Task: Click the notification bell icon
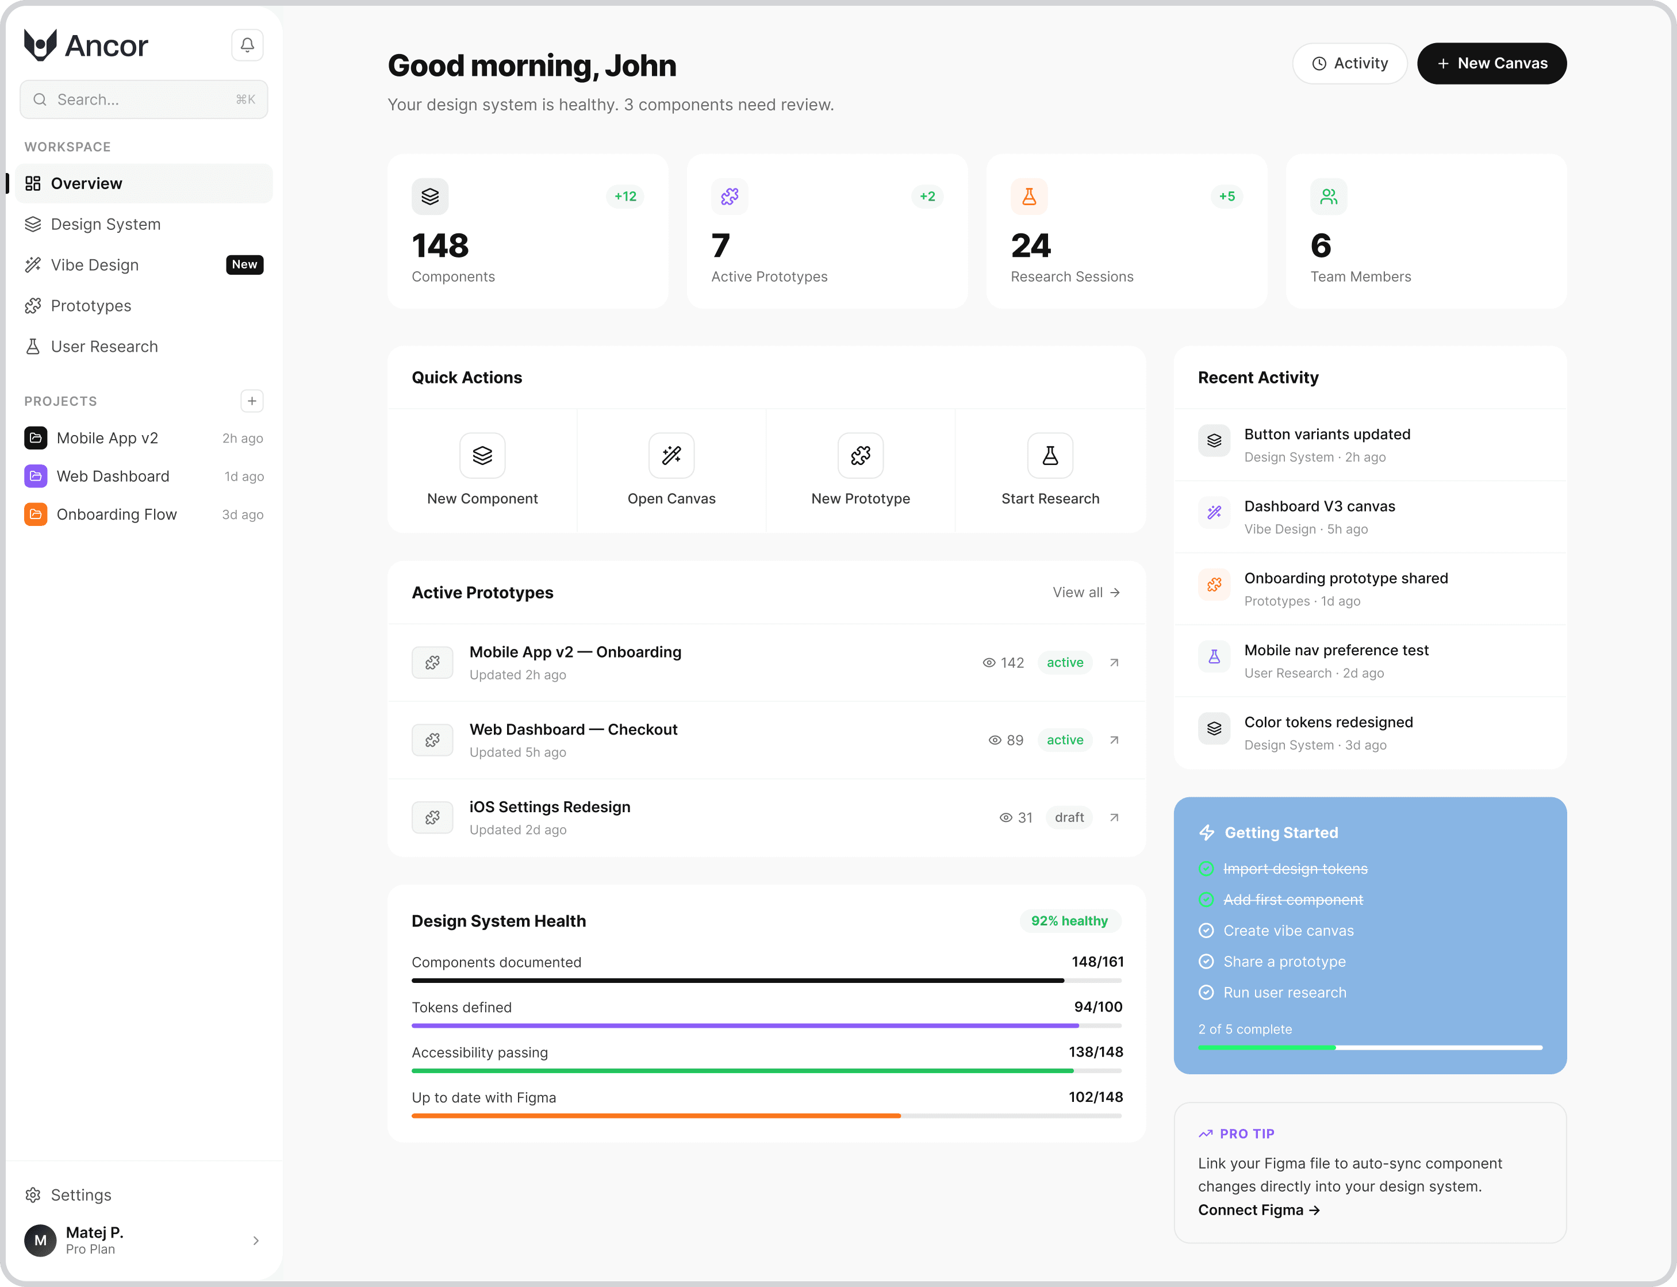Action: point(247,45)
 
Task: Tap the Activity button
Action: point(1349,64)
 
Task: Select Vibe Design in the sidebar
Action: point(95,265)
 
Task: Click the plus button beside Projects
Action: point(251,401)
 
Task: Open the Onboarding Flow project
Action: point(117,515)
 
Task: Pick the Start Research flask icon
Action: point(1050,456)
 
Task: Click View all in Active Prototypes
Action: point(1085,592)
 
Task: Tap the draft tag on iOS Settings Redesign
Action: point(1069,817)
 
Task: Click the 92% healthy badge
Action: point(1069,921)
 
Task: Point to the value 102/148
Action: point(1096,1097)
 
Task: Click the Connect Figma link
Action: point(1258,1209)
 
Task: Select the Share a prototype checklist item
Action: point(1284,962)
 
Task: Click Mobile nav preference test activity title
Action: point(1336,650)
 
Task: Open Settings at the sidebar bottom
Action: point(80,1195)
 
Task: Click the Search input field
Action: point(144,99)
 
